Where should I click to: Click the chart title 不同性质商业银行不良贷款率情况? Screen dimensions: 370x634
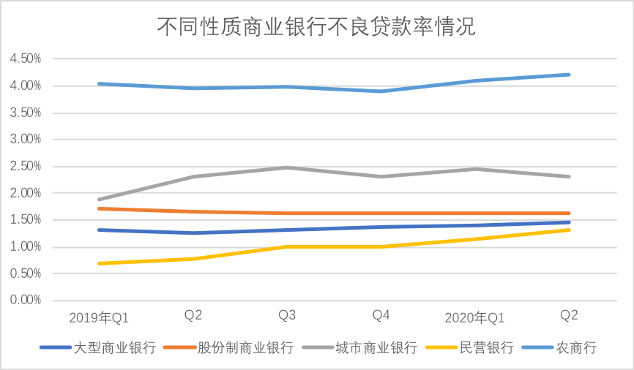(316, 28)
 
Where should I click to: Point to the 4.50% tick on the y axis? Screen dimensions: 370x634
(26, 58)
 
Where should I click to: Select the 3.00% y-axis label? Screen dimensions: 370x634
(26, 140)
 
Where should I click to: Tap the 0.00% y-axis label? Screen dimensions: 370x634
(26, 301)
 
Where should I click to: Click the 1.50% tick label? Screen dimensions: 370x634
(26, 220)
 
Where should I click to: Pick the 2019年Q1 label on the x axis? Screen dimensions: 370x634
(100, 317)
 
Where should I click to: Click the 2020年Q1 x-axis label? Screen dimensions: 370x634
(475, 317)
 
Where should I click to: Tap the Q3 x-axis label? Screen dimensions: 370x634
(287, 316)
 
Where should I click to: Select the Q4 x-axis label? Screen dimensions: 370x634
(381, 316)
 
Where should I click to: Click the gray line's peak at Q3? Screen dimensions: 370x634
(287, 167)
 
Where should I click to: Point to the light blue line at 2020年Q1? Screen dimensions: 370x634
(475, 80)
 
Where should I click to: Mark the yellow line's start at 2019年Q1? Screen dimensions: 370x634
(100, 263)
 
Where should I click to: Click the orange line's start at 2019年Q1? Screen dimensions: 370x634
(100, 208)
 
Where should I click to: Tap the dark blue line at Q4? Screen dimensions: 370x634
(381, 227)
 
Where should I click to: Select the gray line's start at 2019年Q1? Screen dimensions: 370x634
(100, 200)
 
